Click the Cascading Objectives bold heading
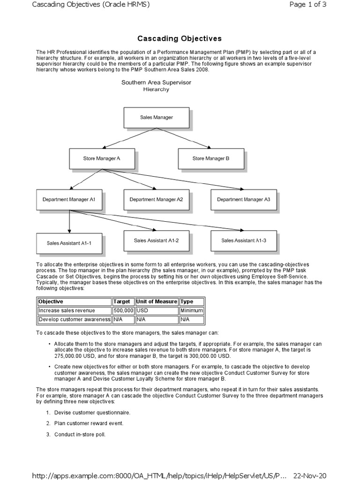(x=180, y=38)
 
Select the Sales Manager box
(x=157, y=118)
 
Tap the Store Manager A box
(x=102, y=159)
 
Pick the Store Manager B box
(x=211, y=159)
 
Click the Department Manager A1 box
(x=69, y=200)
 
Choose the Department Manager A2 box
(x=157, y=200)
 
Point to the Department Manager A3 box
(x=244, y=200)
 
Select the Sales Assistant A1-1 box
(x=69, y=243)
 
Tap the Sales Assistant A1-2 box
(x=157, y=240)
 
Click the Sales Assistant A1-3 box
(x=244, y=240)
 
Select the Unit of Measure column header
(x=157, y=302)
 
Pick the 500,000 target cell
(x=123, y=311)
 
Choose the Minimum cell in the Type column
(x=191, y=311)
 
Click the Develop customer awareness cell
(x=74, y=320)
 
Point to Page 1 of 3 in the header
(x=308, y=4)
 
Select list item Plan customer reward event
(x=89, y=423)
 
